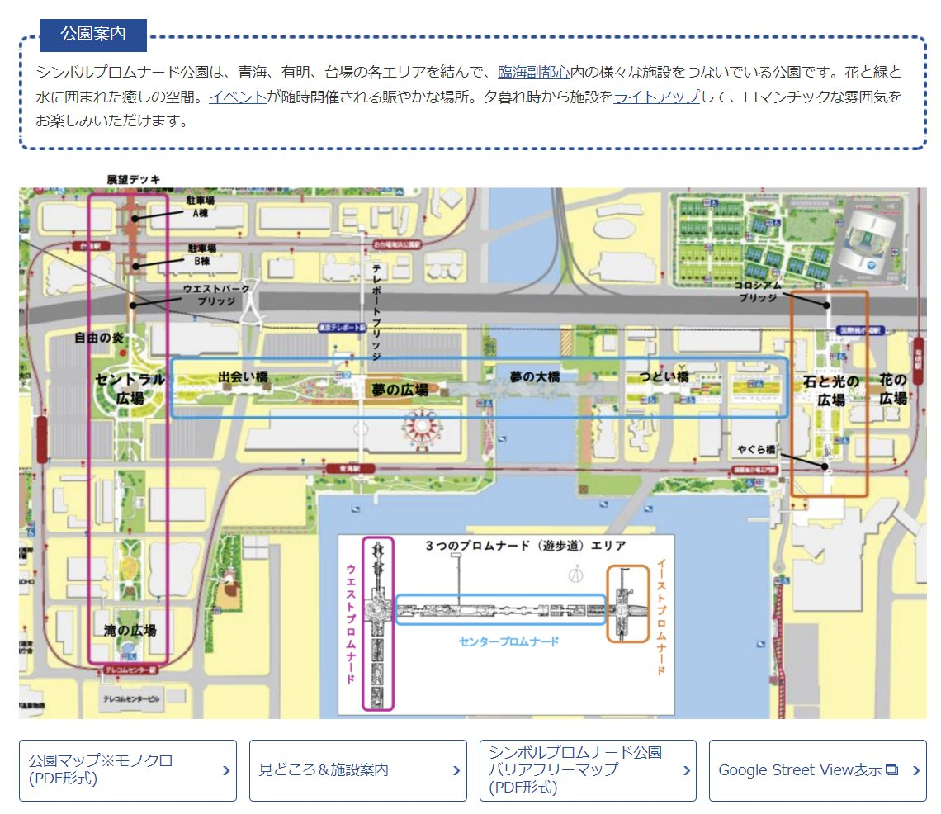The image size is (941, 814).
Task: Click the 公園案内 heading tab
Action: coord(92,35)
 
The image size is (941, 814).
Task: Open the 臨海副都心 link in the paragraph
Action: coord(533,72)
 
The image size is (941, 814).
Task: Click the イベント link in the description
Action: coord(238,97)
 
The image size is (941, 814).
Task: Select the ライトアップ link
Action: coord(656,97)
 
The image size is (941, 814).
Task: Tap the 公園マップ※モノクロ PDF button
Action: coord(128,769)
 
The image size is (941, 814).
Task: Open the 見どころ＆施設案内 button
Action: coord(357,769)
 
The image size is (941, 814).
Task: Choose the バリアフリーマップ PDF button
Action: coord(587,769)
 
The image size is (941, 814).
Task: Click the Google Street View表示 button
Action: coord(817,769)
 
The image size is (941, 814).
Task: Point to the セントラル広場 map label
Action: coord(130,388)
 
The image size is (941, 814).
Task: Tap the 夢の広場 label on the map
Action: coord(400,390)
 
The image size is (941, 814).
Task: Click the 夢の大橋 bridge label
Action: coord(534,376)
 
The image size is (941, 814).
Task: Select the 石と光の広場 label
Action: coord(831,390)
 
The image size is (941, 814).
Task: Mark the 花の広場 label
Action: coord(893,390)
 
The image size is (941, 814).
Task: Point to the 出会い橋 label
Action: coord(243,376)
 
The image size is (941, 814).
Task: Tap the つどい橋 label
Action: coord(664,376)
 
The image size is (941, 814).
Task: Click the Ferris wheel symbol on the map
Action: coord(421,427)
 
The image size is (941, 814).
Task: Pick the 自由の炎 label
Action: coord(99,337)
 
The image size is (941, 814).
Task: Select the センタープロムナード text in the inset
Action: coord(508,641)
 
